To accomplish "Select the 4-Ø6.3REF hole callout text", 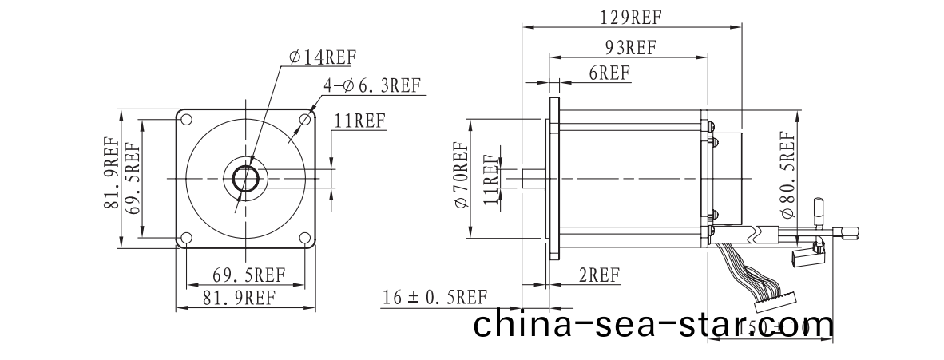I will [x=371, y=85].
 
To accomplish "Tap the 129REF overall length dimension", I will [x=630, y=16].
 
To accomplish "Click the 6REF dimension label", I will [x=609, y=73].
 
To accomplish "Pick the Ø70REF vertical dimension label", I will [x=461, y=178].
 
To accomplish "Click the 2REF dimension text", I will [x=599, y=275].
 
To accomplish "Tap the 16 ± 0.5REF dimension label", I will [x=434, y=298].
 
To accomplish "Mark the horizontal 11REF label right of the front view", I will [x=359, y=121].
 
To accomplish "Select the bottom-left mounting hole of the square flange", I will [x=186, y=237].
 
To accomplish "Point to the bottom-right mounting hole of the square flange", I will [x=304, y=237].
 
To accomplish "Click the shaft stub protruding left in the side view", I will [x=531, y=178].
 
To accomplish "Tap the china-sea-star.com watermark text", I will [x=653, y=325].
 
